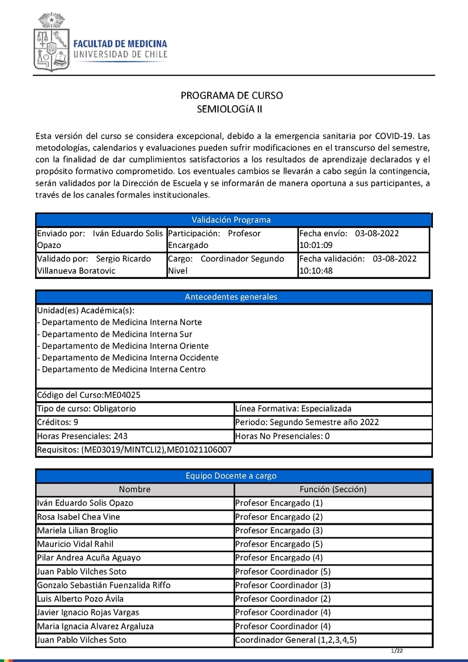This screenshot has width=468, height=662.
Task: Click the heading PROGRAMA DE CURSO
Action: [232, 95]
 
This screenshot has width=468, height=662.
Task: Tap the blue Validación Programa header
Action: [232, 220]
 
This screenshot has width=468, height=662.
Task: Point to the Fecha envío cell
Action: [363, 239]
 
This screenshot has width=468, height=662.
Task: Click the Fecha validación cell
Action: [363, 264]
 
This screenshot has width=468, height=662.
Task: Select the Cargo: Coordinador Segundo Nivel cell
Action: [232, 264]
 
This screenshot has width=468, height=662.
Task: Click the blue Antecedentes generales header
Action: [232, 296]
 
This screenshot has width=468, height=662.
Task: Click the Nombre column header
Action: [135, 489]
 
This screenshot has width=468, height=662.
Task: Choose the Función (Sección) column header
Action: [333, 489]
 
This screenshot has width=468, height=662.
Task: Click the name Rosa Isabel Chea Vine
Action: [80, 516]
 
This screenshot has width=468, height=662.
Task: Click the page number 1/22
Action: [398, 651]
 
